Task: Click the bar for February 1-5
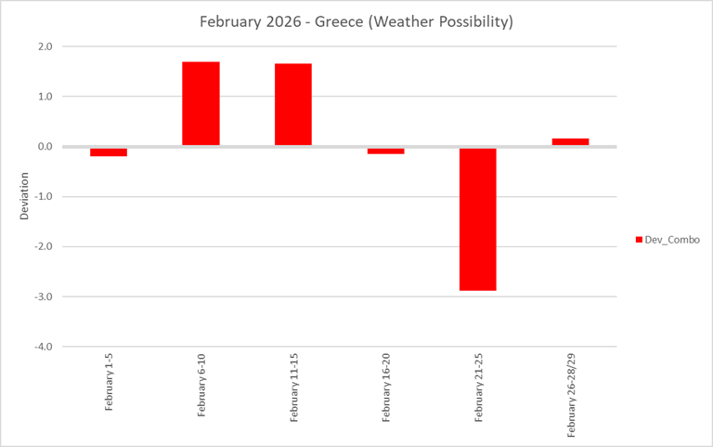pos(109,151)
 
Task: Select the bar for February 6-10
pos(201,103)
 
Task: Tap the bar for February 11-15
pos(292,104)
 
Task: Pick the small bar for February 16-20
pos(385,151)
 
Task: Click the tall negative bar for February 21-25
pos(477,218)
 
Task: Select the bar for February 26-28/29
pos(570,141)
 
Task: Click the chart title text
pos(356,20)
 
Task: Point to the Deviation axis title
pos(25,196)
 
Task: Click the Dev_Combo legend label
pos(671,240)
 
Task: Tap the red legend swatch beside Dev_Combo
pos(639,240)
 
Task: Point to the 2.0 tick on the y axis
pos(45,46)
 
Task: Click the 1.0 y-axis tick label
pos(45,97)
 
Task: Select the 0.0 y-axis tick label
pos(45,147)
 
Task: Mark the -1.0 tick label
pos(43,197)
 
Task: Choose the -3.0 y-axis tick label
pos(43,297)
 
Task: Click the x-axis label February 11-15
pos(294,388)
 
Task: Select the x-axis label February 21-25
pos(479,388)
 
